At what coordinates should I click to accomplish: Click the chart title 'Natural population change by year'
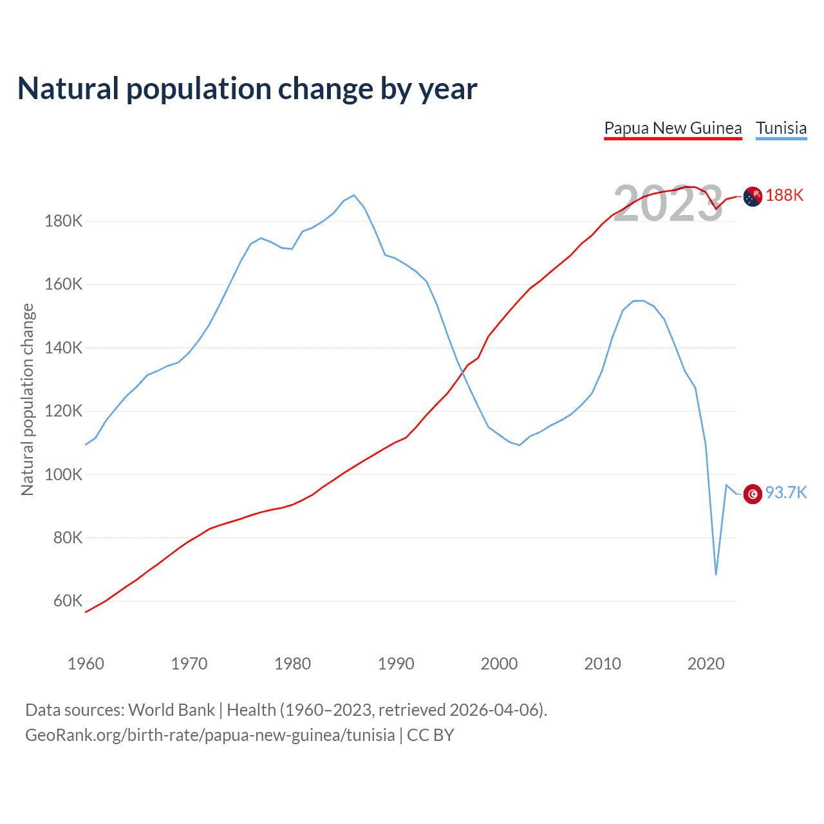[x=247, y=89]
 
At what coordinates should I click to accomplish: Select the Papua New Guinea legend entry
[x=673, y=128]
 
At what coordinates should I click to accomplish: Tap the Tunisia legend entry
[x=781, y=128]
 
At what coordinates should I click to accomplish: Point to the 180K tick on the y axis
[x=64, y=221]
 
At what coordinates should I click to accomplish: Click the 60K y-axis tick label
[x=68, y=601]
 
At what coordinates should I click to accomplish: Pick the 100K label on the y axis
[x=64, y=474]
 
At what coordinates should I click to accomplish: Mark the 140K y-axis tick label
[x=64, y=348]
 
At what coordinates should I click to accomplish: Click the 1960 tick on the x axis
[x=86, y=664]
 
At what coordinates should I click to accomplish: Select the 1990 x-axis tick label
[x=396, y=664]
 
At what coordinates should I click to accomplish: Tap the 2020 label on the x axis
[x=706, y=664]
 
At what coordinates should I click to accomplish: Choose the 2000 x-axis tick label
[x=500, y=664]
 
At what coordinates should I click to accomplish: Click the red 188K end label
[x=785, y=196]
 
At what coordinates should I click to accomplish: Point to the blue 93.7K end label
[x=786, y=493]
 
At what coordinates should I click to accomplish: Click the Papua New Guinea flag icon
[x=753, y=196]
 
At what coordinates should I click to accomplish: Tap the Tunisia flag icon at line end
[x=753, y=494]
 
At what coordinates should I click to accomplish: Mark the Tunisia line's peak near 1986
[x=354, y=195]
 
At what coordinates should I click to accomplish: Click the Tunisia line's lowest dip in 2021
[x=716, y=574]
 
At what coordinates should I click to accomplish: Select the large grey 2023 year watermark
[x=668, y=203]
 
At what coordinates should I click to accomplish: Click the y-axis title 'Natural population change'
[x=28, y=399]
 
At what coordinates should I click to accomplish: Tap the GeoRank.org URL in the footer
[x=210, y=735]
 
